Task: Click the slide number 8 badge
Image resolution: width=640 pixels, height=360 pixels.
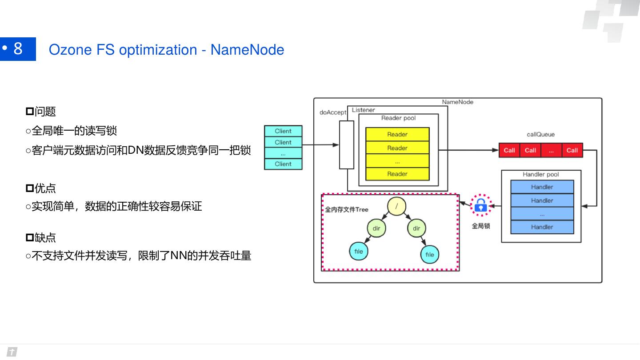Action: [18, 48]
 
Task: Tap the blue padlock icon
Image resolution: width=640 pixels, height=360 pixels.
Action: [481, 205]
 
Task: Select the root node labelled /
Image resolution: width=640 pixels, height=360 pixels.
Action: [396, 206]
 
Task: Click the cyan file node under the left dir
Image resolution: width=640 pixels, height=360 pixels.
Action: [359, 252]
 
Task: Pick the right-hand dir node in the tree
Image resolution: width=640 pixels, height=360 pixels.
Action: [416, 228]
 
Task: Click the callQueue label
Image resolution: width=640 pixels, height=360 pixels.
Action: [540, 134]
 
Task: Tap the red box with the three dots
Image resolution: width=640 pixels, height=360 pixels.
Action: [551, 150]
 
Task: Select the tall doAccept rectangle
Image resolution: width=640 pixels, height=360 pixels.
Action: [347, 145]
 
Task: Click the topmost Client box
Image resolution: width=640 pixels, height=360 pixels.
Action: [283, 131]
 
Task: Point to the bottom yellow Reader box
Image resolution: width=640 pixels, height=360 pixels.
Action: [397, 174]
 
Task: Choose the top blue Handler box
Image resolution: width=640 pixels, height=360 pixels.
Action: [542, 187]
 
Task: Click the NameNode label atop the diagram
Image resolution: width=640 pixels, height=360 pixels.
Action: [457, 102]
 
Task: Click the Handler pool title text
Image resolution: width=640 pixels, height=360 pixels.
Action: [540, 174]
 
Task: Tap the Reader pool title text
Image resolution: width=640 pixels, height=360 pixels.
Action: [398, 118]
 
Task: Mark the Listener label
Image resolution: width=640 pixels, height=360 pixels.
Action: [363, 110]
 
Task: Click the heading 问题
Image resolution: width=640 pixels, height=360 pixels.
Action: [45, 112]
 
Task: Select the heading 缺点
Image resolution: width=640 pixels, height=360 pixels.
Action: [45, 237]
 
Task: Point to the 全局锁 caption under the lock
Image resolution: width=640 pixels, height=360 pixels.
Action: [481, 226]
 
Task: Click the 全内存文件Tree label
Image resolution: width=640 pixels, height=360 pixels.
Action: [347, 209]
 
